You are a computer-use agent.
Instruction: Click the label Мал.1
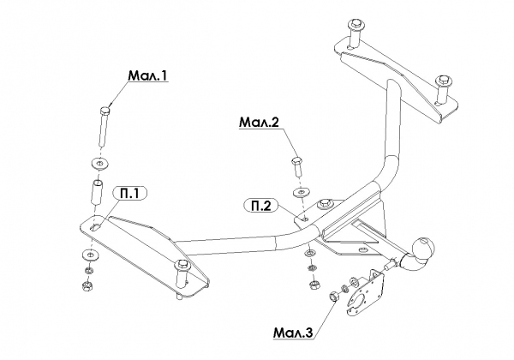click(147, 75)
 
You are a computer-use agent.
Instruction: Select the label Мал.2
click(259, 123)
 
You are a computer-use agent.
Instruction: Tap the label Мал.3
click(293, 333)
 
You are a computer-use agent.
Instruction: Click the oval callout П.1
click(129, 194)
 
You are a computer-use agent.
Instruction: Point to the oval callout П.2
click(261, 206)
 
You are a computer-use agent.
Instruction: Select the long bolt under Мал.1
click(105, 126)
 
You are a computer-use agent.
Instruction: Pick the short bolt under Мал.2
click(297, 167)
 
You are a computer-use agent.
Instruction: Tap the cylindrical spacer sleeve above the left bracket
click(97, 193)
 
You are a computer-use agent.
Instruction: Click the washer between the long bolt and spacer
click(99, 163)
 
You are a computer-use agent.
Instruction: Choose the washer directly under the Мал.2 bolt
click(301, 192)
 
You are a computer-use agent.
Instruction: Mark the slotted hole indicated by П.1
click(95, 228)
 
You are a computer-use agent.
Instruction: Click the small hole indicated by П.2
click(306, 218)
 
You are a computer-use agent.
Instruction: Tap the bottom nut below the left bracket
click(87, 285)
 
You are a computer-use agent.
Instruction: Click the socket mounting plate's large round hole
click(361, 303)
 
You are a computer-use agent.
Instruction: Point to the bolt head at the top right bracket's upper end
click(356, 24)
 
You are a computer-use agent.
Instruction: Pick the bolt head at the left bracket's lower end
click(182, 264)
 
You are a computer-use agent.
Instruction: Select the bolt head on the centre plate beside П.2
click(326, 203)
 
